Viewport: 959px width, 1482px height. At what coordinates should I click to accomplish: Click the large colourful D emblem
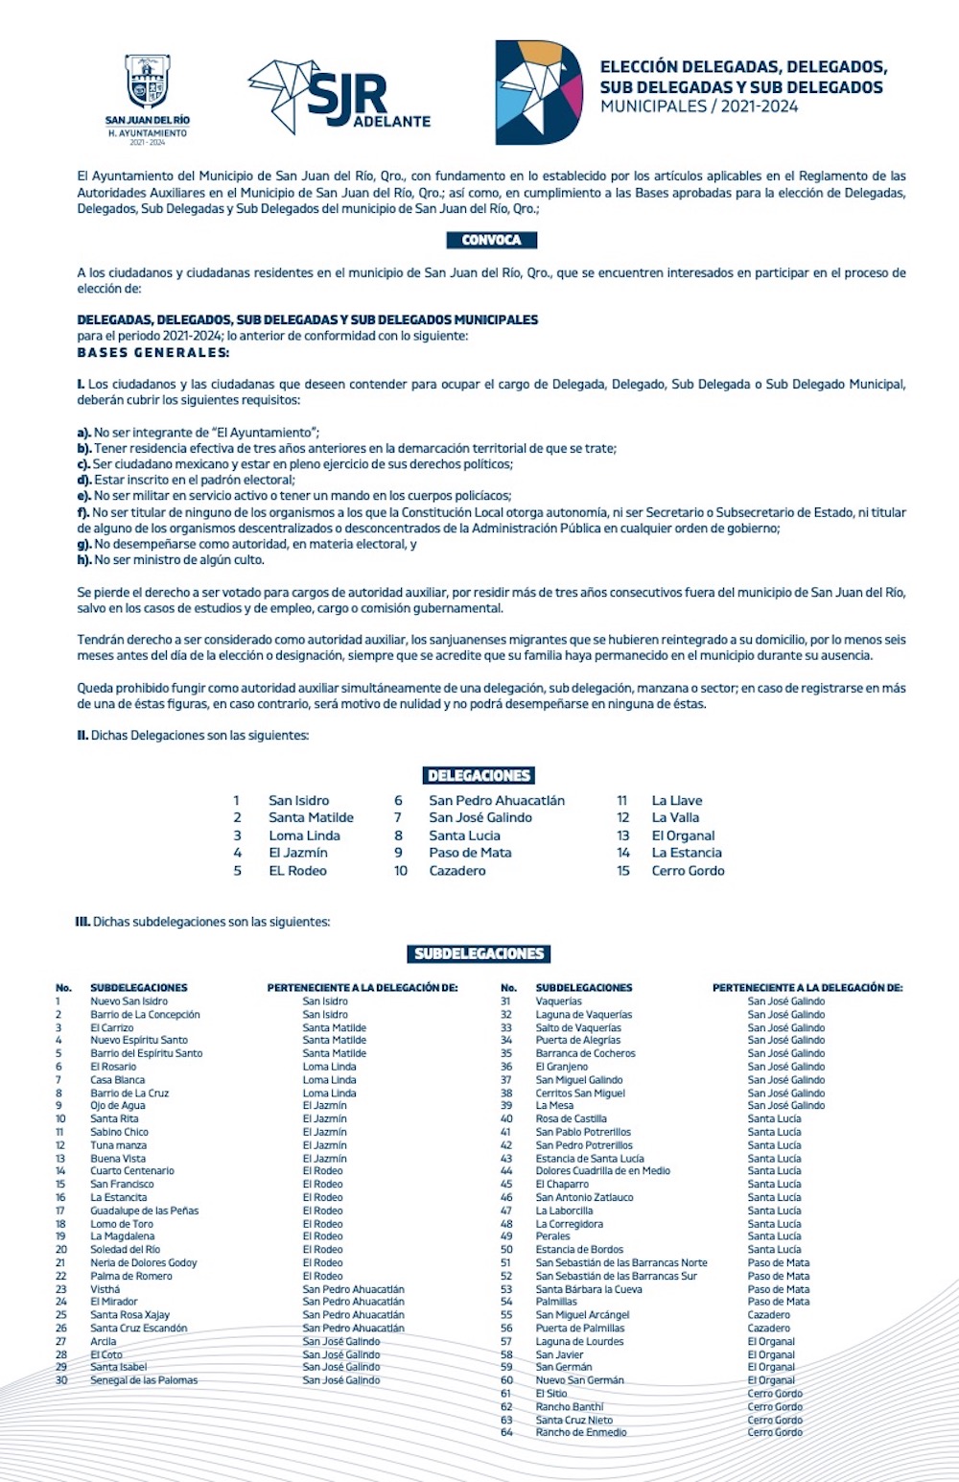[x=538, y=93]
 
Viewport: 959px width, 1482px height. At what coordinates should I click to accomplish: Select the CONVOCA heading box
[x=491, y=240]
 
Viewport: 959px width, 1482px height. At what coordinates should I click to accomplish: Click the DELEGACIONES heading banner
[x=479, y=775]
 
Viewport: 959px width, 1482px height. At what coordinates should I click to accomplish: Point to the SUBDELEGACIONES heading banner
[x=479, y=953]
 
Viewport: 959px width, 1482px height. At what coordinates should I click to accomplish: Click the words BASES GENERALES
[x=153, y=353]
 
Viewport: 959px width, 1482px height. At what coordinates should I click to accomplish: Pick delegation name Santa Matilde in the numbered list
[x=311, y=817]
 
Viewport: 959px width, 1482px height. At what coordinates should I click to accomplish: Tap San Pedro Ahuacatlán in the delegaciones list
[x=497, y=800]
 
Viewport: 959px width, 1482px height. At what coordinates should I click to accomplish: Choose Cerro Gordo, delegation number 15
[x=688, y=870]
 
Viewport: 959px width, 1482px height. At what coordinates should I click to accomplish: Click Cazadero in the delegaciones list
[x=457, y=870]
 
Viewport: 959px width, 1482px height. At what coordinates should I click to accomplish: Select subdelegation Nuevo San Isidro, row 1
[x=129, y=1001]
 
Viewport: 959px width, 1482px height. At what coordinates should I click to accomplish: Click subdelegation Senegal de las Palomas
[x=144, y=1380]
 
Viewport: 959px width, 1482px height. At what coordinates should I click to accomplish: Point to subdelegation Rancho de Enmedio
[x=581, y=1432]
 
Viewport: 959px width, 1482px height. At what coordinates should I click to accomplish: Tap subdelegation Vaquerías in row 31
[x=558, y=1001]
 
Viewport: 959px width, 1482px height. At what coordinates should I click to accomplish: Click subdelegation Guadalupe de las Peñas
[x=145, y=1211]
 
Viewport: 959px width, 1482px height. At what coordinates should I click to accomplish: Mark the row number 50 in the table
[x=506, y=1250]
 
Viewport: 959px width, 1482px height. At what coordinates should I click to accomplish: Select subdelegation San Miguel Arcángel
[x=582, y=1315]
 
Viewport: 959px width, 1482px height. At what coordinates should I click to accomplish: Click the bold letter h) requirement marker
[x=84, y=560]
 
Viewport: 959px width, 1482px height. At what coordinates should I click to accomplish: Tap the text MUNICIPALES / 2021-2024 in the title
[x=699, y=106]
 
